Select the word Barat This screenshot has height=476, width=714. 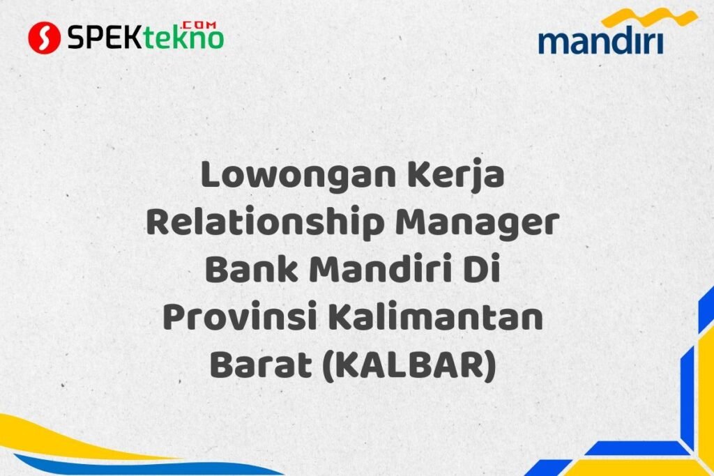260,364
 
